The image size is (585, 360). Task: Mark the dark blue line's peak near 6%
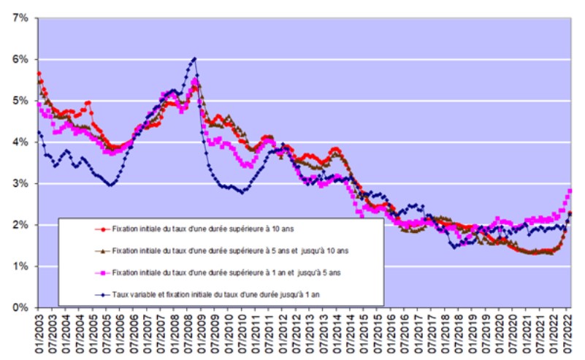point(194,58)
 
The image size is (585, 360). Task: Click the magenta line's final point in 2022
point(570,191)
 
